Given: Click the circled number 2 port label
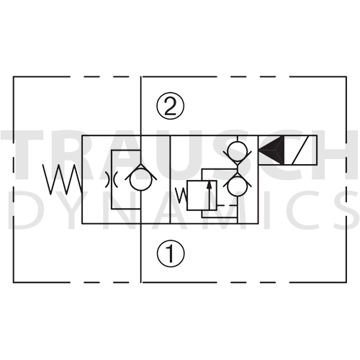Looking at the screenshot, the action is pos(171,106).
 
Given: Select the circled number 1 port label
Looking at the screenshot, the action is pos(171,253).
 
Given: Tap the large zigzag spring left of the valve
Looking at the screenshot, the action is pos(63,179).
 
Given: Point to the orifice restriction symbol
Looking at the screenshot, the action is pos(111,179).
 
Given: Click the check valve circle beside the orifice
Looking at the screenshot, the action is pos(140,180).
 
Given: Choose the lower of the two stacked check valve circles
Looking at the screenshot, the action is pos(237,186).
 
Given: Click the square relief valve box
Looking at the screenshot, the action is pos(202,195).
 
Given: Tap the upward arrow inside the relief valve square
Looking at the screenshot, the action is pos(210,195).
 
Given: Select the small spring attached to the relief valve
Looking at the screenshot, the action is pos(181,195).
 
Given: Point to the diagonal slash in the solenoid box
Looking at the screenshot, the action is pos(300,150).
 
